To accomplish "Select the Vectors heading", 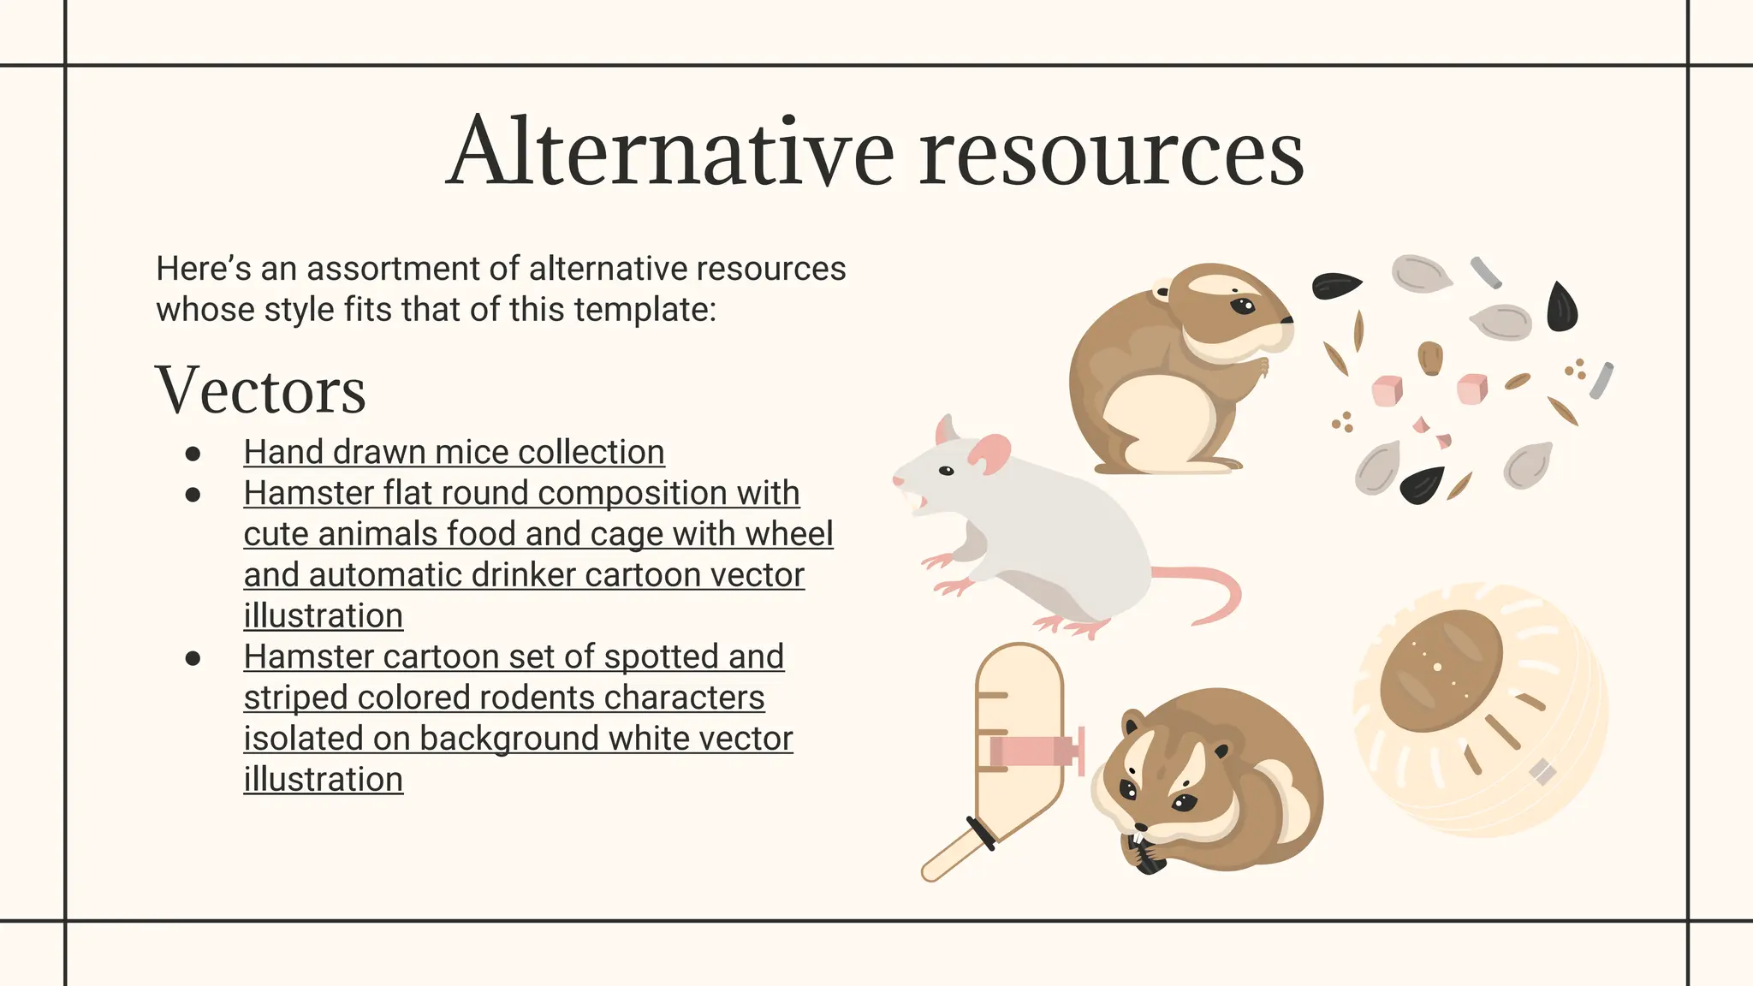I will (261, 391).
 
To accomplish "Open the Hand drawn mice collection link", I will (454, 452).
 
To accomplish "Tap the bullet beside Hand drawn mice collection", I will (193, 454).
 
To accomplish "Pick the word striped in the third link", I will (295, 698).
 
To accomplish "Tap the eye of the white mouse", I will (946, 471).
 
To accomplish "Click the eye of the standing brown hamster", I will (1243, 305).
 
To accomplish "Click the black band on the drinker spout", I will (981, 834).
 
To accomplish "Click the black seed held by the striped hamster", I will (1145, 856).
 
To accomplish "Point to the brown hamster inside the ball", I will (1441, 670).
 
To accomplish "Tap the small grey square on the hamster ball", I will (1542, 771).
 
